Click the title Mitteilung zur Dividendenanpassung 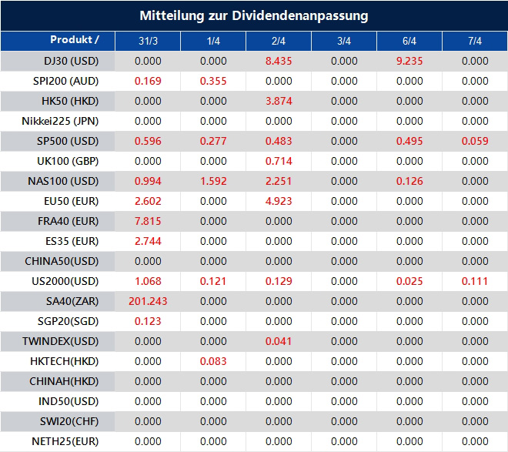click(x=254, y=15)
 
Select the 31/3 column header click(x=147, y=41)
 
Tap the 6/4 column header click(x=409, y=41)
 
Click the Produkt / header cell click(x=75, y=40)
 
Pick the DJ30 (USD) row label click(x=69, y=61)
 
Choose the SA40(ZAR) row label click(x=69, y=301)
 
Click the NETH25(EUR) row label click(x=65, y=441)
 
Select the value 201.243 click(x=147, y=301)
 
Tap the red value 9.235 click(x=409, y=61)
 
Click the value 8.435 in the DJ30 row click(x=279, y=61)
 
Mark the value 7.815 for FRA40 click(x=147, y=221)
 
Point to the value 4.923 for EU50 click(x=279, y=201)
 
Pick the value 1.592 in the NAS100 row click(x=213, y=181)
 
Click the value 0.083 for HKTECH click(x=213, y=361)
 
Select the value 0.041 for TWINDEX click(x=279, y=341)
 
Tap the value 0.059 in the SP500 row click(x=475, y=141)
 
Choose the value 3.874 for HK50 click(x=279, y=101)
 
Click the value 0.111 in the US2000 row click(x=475, y=281)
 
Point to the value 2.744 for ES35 click(x=147, y=241)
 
